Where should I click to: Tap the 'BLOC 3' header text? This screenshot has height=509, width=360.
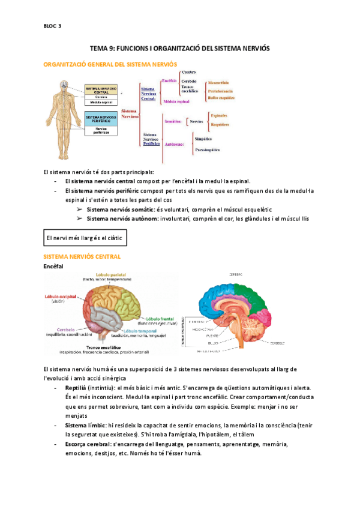pyautogui.click(x=53, y=26)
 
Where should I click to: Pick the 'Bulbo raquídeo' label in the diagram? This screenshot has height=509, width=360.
pyautogui.click(x=221, y=97)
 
